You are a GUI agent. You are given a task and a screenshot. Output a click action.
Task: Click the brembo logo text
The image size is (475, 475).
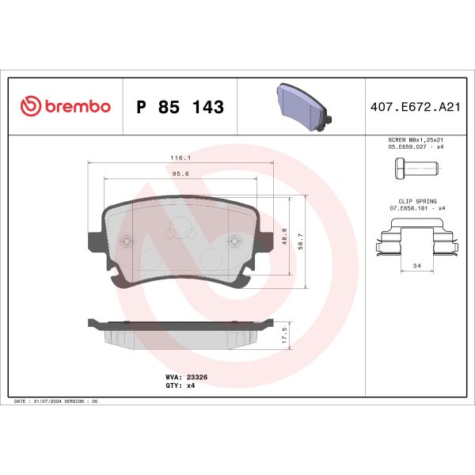coord(74,107)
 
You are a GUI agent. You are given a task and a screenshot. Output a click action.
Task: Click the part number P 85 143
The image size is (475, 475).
coord(180,107)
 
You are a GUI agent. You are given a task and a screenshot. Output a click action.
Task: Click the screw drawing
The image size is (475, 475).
coord(414,169)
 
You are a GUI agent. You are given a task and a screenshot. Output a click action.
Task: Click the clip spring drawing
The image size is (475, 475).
coord(416,240)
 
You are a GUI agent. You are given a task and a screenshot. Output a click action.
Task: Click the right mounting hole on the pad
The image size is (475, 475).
coord(233,242)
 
